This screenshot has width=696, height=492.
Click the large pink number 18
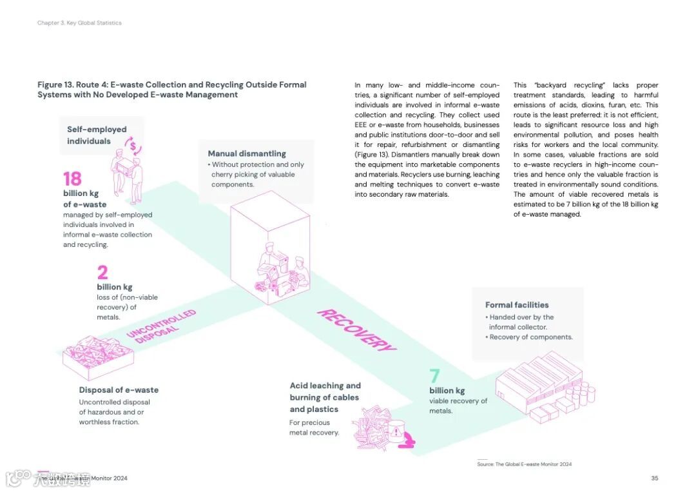72,179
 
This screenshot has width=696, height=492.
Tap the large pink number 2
102,273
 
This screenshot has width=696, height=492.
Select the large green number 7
434,376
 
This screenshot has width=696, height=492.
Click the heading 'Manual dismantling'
247,153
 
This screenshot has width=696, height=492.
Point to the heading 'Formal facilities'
517,305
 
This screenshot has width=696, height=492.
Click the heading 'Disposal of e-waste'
119,390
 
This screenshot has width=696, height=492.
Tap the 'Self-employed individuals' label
97,135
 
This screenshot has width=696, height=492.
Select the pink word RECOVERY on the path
356,330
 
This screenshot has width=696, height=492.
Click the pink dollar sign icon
133,146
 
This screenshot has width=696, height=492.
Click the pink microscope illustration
407,441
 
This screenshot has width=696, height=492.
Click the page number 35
654,478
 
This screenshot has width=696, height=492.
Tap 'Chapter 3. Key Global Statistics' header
79,23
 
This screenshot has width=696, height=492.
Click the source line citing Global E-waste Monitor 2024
524,464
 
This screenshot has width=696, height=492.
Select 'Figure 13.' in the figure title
55,84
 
